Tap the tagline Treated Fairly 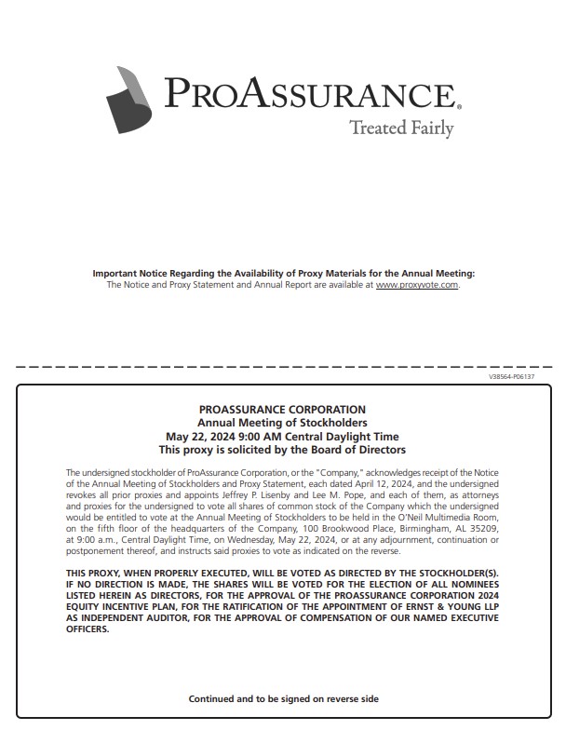coord(400,128)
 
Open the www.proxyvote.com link coord(417,285)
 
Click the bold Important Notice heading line coord(283,273)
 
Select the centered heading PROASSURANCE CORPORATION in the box coord(283,410)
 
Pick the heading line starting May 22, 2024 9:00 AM coord(283,436)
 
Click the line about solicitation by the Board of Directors coord(283,449)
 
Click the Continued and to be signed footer coord(283,698)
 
